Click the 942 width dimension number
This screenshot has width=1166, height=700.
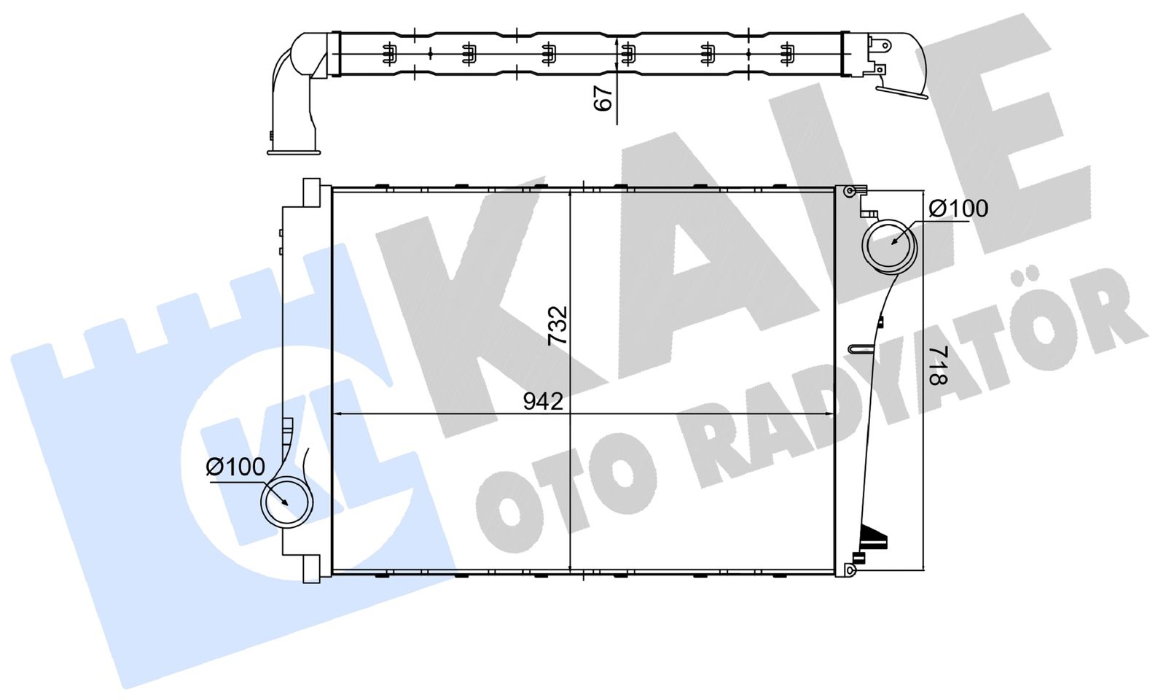point(543,401)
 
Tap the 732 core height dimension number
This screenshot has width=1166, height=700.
point(558,326)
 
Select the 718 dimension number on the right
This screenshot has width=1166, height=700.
point(939,365)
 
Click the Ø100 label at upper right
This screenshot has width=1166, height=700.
point(958,209)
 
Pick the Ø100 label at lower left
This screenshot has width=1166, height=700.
point(235,467)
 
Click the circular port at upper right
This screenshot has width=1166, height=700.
point(889,247)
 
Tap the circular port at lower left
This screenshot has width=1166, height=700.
point(287,502)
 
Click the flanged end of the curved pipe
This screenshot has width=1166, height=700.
point(294,152)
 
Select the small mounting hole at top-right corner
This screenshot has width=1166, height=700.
point(850,191)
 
